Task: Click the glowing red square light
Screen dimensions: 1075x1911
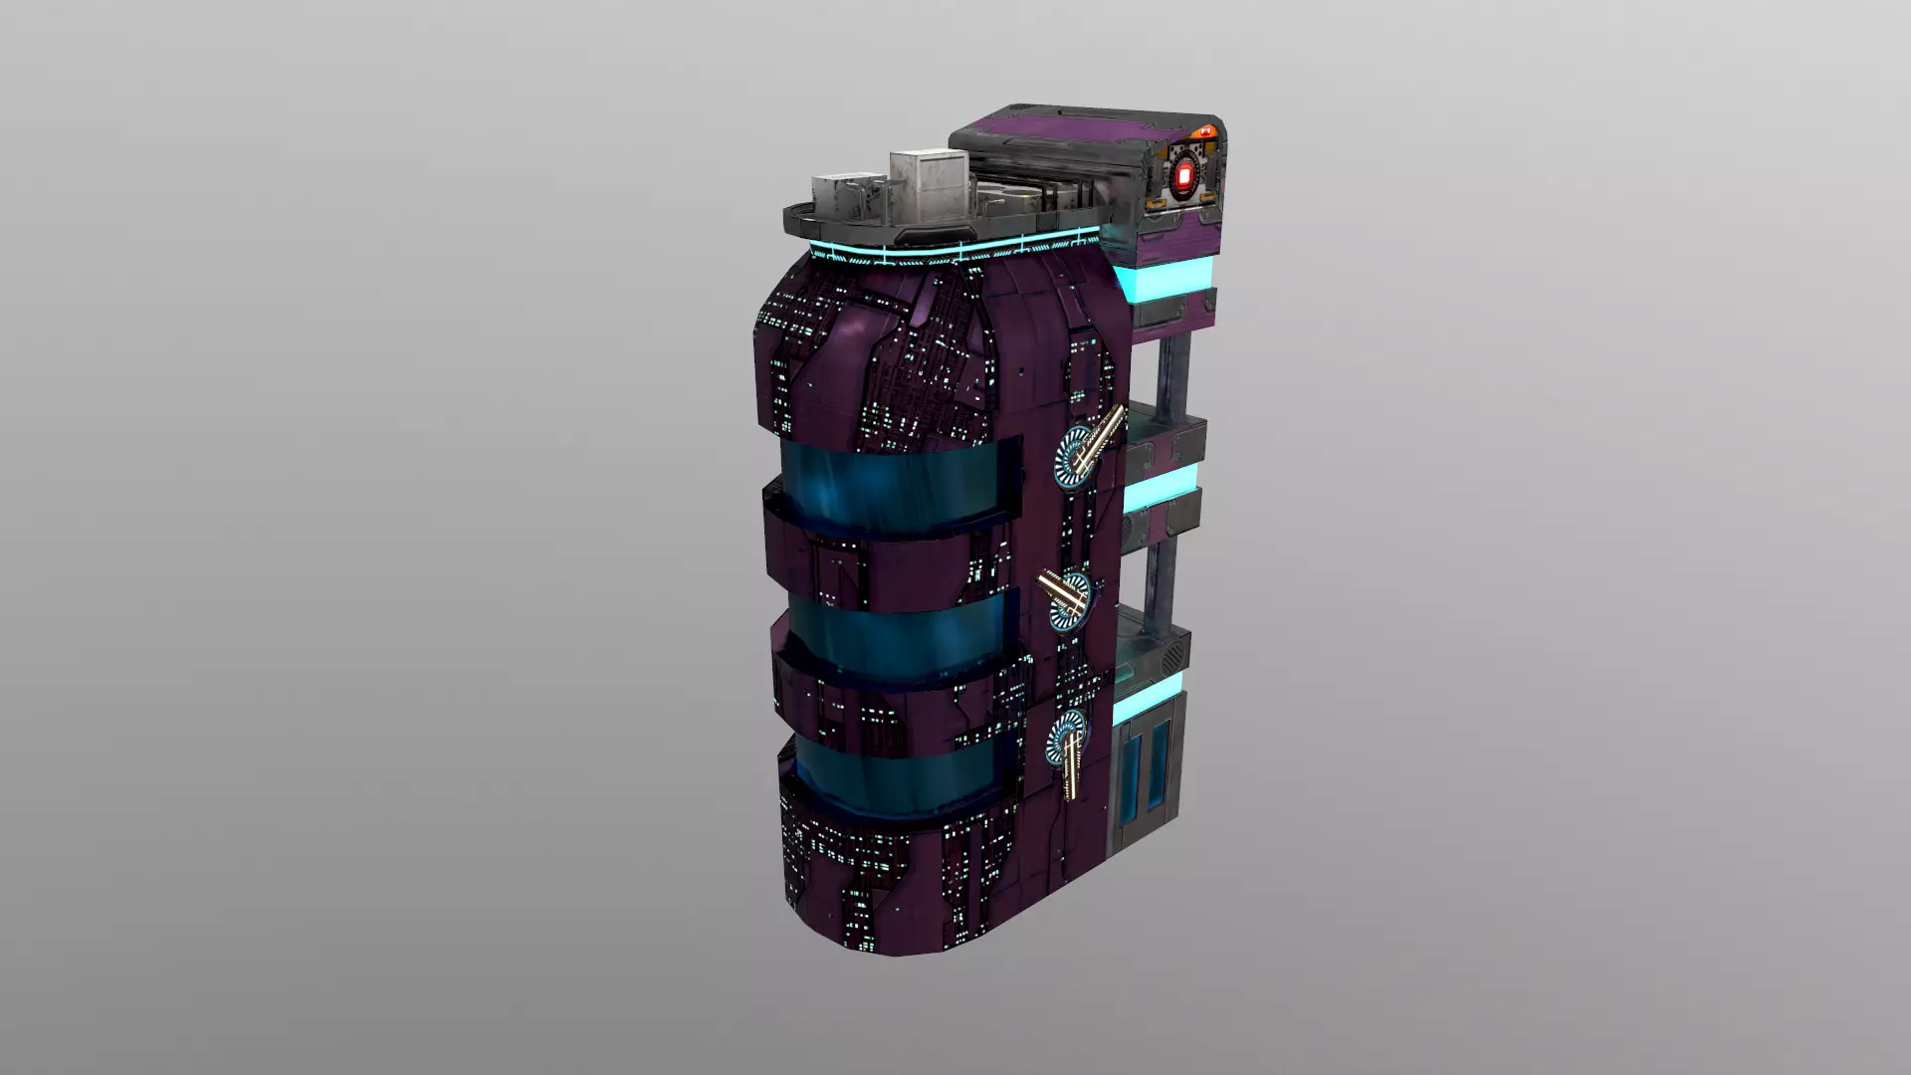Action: click(1184, 178)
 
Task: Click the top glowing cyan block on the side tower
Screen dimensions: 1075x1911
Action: click(1166, 275)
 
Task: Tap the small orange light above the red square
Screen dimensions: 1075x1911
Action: click(1207, 129)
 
